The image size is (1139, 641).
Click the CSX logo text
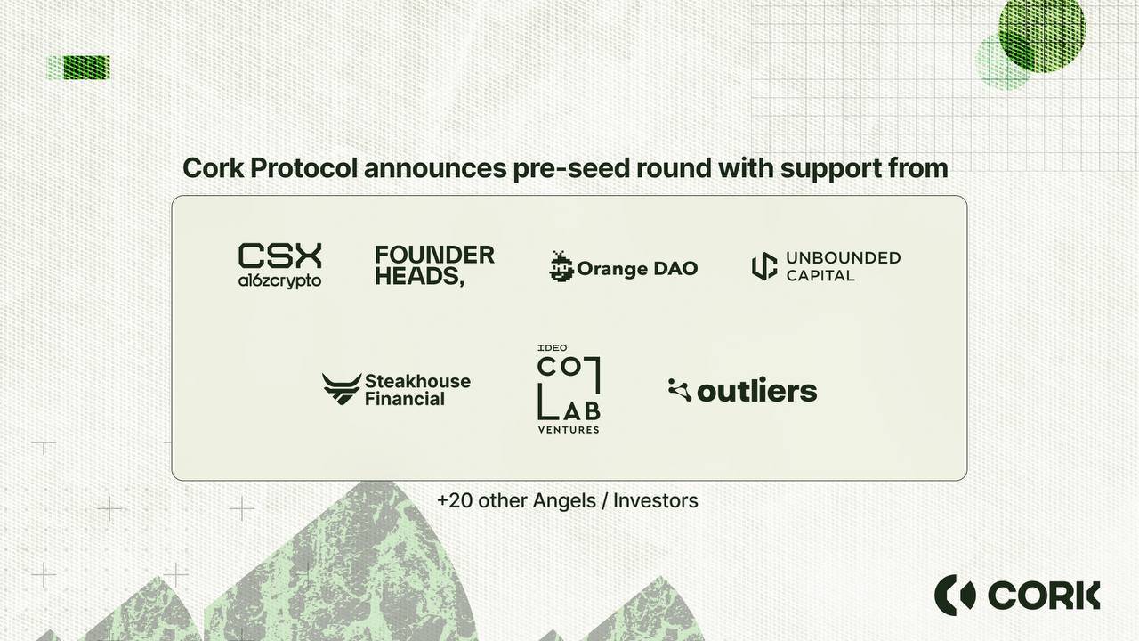pos(280,256)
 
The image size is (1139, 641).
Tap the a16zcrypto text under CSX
pos(279,280)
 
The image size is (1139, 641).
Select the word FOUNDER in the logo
pos(435,255)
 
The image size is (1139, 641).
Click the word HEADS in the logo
pos(417,276)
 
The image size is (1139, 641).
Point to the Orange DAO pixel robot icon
pos(561,266)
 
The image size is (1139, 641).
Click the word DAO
pos(675,268)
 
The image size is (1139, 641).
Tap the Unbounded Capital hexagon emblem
pos(764,266)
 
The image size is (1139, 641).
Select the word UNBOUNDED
pos(844,257)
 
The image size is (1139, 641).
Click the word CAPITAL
pos(820,275)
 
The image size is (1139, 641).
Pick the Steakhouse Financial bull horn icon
pos(342,389)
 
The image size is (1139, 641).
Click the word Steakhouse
pos(418,381)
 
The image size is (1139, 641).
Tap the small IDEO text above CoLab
pos(553,348)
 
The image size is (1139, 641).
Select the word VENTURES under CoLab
pos(569,430)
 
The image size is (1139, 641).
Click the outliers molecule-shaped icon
pos(680,390)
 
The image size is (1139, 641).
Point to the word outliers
pos(757,391)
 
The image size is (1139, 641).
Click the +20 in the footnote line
pos(455,500)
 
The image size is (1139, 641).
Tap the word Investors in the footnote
pos(656,500)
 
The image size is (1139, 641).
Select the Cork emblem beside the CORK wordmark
pos(955,595)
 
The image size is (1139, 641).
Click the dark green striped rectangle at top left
pos(86,68)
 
